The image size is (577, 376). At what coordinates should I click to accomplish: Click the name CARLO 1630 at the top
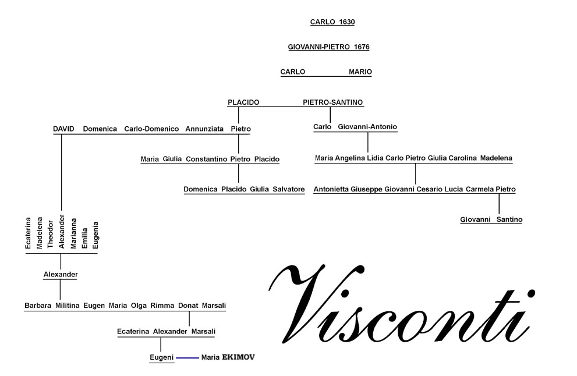[x=332, y=22]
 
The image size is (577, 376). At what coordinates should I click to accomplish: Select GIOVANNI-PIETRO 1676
[x=328, y=47]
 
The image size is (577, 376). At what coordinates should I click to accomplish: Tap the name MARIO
[x=360, y=72]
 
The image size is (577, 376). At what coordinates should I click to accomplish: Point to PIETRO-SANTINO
[x=332, y=102]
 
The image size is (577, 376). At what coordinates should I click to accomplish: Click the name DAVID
[x=63, y=129]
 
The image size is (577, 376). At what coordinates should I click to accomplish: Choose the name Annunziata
[x=204, y=129]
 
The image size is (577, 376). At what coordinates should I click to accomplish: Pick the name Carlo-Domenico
[x=151, y=129]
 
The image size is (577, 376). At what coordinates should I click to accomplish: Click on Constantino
[x=207, y=159]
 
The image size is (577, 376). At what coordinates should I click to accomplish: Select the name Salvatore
[x=289, y=189]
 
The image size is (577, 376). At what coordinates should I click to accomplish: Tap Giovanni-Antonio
[x=367, y=126]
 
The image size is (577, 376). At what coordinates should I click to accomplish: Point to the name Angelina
[x=349, y=158]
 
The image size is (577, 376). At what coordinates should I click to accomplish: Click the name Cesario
[x=430, y=189]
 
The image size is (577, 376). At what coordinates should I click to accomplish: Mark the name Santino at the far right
[x=509, y=219]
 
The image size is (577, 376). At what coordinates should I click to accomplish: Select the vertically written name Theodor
[x=51, y=235]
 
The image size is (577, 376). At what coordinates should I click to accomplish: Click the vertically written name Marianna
[x=73, y=233]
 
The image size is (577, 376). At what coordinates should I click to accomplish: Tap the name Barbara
[x=38, y=306]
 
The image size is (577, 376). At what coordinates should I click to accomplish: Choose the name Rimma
[x=162, y=306]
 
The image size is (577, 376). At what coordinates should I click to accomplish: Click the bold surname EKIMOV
[x=238, y=357]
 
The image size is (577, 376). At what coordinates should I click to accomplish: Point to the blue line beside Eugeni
[x=187, y=357]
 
